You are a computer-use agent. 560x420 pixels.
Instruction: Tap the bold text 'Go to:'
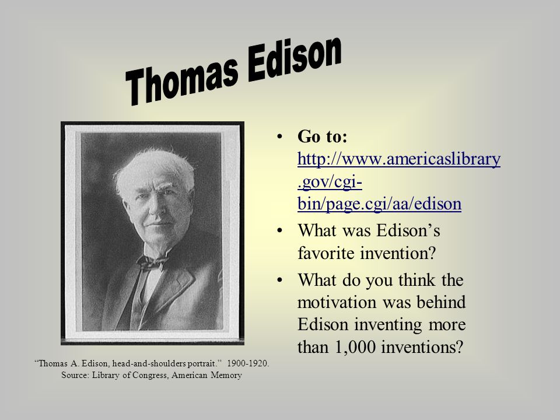pyautogui.click(x=322, y=136)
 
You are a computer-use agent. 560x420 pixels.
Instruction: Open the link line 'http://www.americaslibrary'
pyautogui.click(x=399, y=159)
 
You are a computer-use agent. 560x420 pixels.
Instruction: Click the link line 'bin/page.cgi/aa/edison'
pyautogui.click(x=379, y=204)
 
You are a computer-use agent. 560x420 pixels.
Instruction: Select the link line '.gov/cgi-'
pyautogui.click(x=330, y=182)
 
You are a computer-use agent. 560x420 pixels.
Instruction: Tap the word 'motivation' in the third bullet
pyautogui.click(x=337, y=302)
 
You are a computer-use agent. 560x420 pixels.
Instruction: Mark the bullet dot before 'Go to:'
pyautogui.click(x=279, y=136)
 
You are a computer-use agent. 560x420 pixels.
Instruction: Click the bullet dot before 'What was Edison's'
pyautogui.click(x=279, y=230)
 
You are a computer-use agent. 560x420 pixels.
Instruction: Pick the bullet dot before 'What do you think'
pyautogui.click(x=279, y=280)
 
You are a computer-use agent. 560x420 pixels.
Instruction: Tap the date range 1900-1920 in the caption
pyautogui.click(x=247, y=363)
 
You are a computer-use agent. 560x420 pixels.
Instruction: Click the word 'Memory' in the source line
pyautogui.click(x=226, y=376)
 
